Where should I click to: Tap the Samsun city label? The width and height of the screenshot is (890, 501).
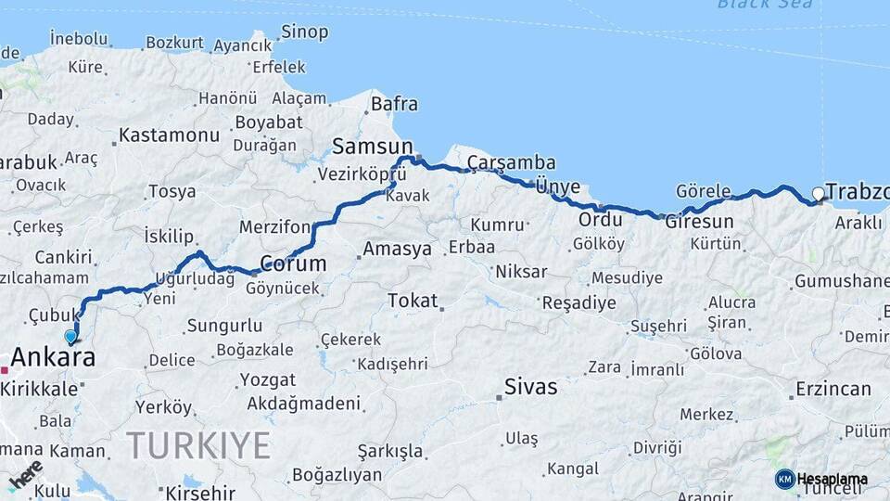coord(373,147)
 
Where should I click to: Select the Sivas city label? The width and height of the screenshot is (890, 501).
coord(531,387)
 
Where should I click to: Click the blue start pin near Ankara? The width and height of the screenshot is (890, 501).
coord(70,337)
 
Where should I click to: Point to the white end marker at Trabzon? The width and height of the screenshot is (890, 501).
coord(818,194)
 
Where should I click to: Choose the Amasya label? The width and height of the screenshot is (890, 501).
coord(397,249)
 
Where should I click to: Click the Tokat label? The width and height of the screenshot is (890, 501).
coord(413,300)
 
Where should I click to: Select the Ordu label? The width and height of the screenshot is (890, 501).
coord(600,220)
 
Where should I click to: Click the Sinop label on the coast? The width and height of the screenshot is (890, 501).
coord(304,32)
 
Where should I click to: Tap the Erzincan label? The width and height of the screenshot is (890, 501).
coord(834,389)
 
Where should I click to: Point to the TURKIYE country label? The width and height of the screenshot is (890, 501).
coord(198,445)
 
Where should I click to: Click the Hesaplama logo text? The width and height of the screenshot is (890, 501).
coord(833,480)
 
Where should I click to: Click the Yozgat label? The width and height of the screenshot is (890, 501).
coord(268,379)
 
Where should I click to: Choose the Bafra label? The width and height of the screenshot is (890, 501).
coord(394,104)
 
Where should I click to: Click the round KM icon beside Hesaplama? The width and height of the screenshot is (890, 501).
coord(784,479)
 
